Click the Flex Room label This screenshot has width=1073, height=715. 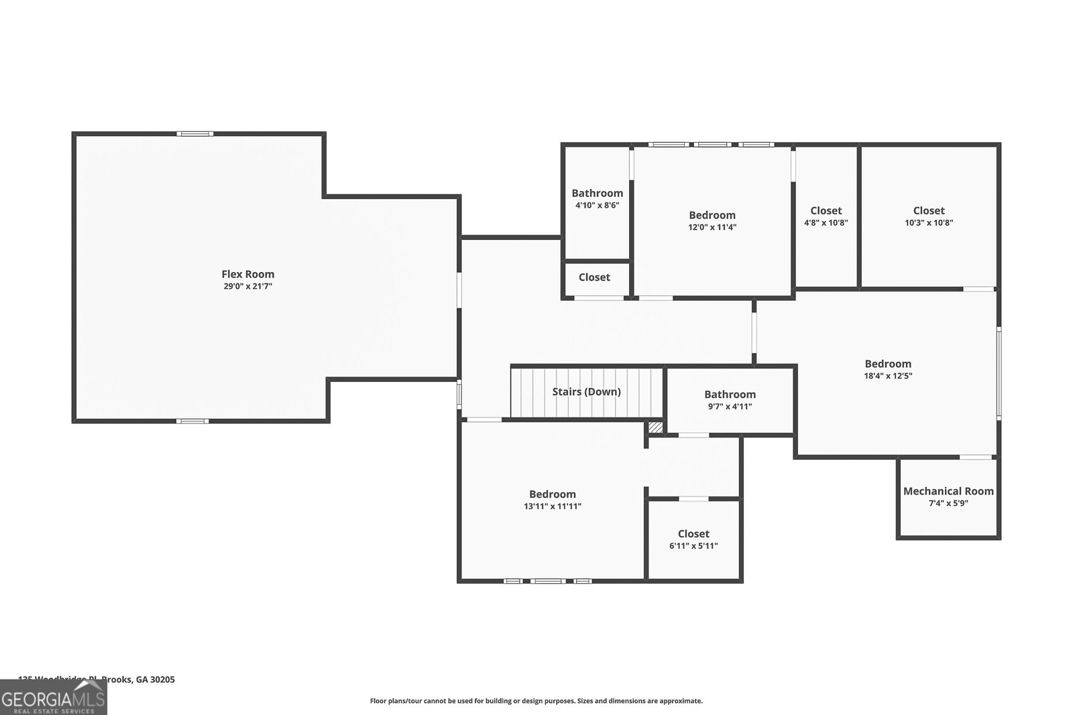247,274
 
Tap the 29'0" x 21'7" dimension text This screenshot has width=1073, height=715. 247,286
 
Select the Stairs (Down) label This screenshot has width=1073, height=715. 586,391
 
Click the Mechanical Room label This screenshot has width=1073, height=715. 948,491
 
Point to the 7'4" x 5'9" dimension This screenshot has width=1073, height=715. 948,503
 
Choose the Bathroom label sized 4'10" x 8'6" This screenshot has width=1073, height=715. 597,194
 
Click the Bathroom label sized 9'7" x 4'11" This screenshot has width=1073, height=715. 730,395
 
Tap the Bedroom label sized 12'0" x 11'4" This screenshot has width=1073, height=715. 712,215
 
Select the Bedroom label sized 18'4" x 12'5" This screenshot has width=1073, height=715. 888,364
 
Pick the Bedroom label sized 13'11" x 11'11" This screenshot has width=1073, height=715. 552,495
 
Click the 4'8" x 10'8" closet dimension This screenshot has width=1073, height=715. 826,223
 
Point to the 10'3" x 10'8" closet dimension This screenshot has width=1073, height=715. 928,223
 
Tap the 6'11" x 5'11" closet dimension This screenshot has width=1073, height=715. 693,546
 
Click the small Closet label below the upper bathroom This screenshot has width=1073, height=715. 594,277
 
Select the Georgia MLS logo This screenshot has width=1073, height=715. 53,698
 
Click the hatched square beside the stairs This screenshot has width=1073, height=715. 655,427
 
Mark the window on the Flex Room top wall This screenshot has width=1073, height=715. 194,134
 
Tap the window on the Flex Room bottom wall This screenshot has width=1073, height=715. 192,421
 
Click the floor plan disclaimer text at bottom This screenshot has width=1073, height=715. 536,701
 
